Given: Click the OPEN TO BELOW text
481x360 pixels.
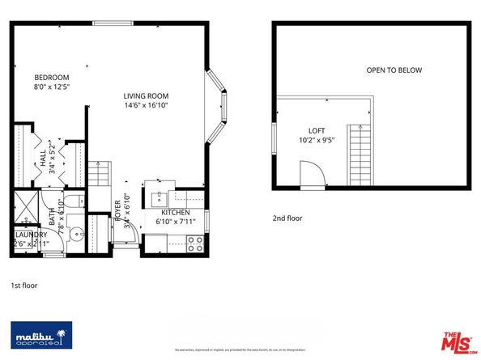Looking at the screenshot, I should click(394, 70).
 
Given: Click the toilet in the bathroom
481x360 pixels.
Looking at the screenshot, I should click(70, 201).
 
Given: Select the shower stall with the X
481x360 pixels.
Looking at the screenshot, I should click(26, 206).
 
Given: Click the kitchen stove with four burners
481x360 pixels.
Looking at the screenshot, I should click(195, 240).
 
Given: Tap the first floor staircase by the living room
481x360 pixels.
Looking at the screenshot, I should click(98, 172).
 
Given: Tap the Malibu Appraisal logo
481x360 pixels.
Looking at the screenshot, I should click(40, 335).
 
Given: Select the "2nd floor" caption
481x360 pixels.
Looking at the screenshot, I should click(288, 218).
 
